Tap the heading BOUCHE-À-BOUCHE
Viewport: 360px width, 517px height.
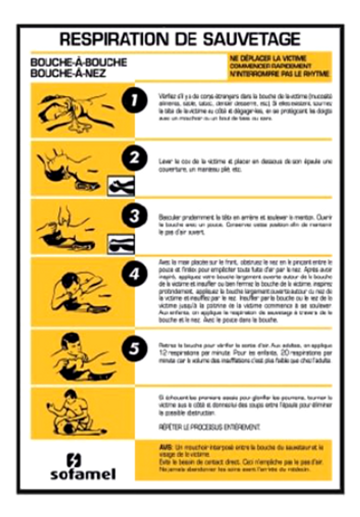[x=78, y=63]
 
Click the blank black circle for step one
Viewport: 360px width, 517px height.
[x=134, y=100]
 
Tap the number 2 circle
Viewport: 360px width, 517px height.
[x=134, y=158]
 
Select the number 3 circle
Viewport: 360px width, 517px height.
[x=134, y=216]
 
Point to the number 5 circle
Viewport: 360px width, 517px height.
[x=134, y=348]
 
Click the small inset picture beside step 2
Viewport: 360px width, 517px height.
[x=121, y=186]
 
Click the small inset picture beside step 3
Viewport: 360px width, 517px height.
[x=121, y=244]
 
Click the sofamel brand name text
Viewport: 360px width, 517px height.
[x=83, y=474]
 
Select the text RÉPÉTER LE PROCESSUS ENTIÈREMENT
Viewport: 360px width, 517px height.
[x=210, y=427]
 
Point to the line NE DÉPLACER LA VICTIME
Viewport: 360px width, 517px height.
[x=268, y=58]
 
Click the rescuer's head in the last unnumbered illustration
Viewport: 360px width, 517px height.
[x=70, y=395]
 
